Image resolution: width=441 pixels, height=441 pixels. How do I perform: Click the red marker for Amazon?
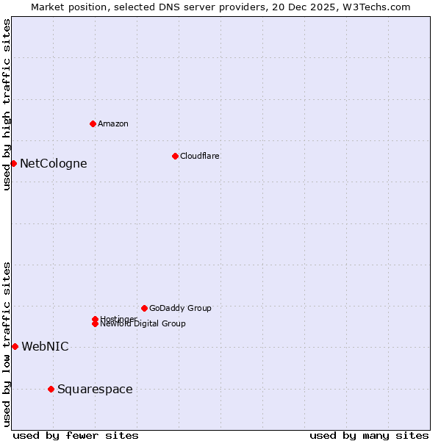[x=93, y=123]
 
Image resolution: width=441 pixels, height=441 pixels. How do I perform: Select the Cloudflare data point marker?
[x=175, y=156]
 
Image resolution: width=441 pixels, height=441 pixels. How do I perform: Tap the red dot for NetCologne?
[x=13, y=163]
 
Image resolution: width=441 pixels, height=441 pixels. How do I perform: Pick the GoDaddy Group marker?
[x=144, y=308]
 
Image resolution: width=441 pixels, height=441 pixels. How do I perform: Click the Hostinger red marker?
[x=95, y=319]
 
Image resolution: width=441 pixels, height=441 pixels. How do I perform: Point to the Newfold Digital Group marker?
[x=95, y=324]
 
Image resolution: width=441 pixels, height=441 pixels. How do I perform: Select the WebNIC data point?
[x=15, y=346]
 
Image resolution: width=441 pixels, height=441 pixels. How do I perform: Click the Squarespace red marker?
[x=51, y=389]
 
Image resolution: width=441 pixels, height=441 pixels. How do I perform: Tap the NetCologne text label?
[x=53, y=164]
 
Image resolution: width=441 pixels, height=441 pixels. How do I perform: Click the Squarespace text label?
[x=95, y=390]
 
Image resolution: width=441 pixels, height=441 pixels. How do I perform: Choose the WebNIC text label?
[x=45, y=347]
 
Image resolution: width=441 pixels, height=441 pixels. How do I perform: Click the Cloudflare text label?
[x=199, y=157]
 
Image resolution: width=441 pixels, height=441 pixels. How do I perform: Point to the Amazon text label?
[x=112, y=124]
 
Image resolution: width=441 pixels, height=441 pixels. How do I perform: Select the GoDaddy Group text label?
[x=180, y=309]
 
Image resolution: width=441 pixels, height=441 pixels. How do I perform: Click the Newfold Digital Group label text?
[x=143, y=324]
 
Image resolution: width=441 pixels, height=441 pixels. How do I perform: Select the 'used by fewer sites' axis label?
[x=76, y=435]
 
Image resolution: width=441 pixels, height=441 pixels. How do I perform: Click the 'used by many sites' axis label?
[x=369, y=435]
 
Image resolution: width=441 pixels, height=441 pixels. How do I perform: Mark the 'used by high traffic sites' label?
[x=7, y=104]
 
